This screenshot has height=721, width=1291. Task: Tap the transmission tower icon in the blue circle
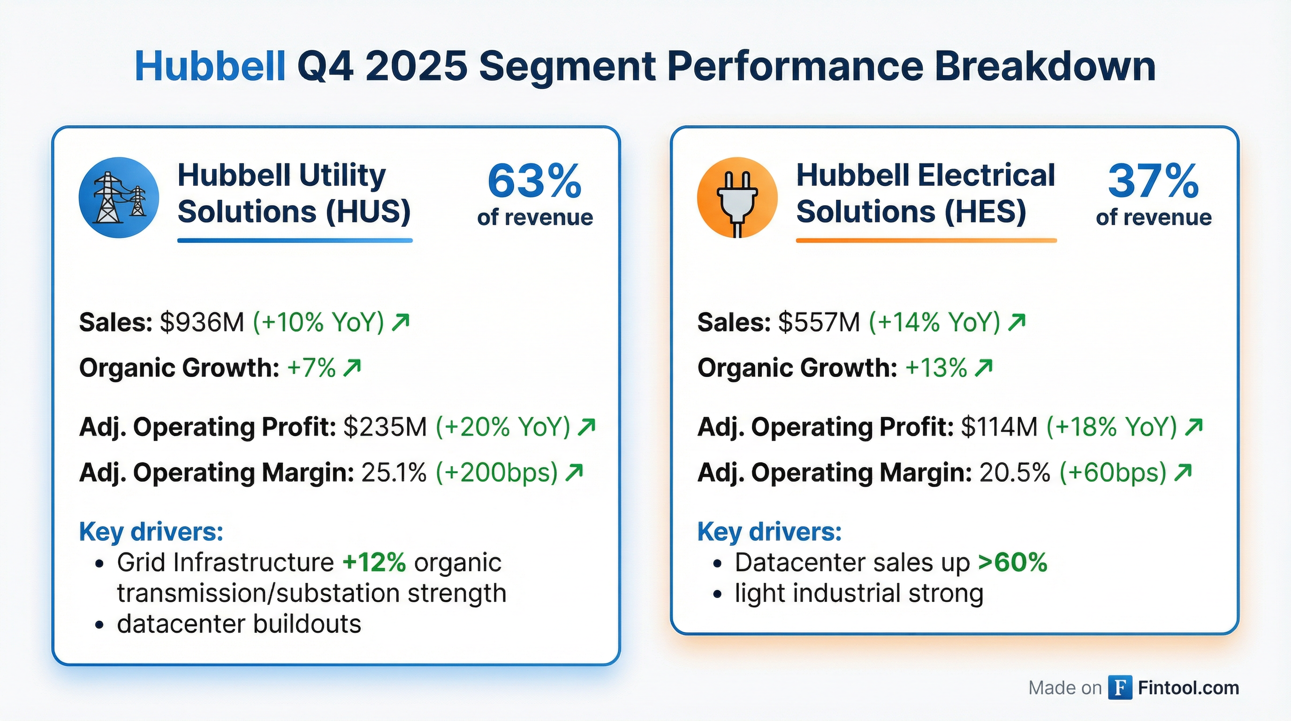coord(119,197)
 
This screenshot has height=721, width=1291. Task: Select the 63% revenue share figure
coord(534,182)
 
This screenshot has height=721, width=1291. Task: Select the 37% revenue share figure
coord(1153,182)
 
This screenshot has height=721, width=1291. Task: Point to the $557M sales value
coord(819,322)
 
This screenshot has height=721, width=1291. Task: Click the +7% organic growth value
coord(311,368)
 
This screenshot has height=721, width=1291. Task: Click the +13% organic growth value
coord(936,368)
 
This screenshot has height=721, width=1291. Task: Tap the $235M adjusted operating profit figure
coord(385,427)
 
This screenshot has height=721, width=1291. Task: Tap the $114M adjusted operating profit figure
coord(999,427)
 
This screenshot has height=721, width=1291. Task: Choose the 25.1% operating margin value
coord(394,472)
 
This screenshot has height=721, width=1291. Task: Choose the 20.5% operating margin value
coord(1014,472)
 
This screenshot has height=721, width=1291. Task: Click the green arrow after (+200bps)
coord(574,472)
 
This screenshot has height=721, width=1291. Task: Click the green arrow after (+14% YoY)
coord(1017,322)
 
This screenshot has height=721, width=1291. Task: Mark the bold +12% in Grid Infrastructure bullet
coord(374,562)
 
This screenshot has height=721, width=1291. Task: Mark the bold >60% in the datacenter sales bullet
coord(1012,562)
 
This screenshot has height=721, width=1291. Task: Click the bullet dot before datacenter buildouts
coord(99,625)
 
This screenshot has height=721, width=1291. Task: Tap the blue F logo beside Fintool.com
coord(1120,687)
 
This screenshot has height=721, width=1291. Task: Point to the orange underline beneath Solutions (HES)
coord(926,241)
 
